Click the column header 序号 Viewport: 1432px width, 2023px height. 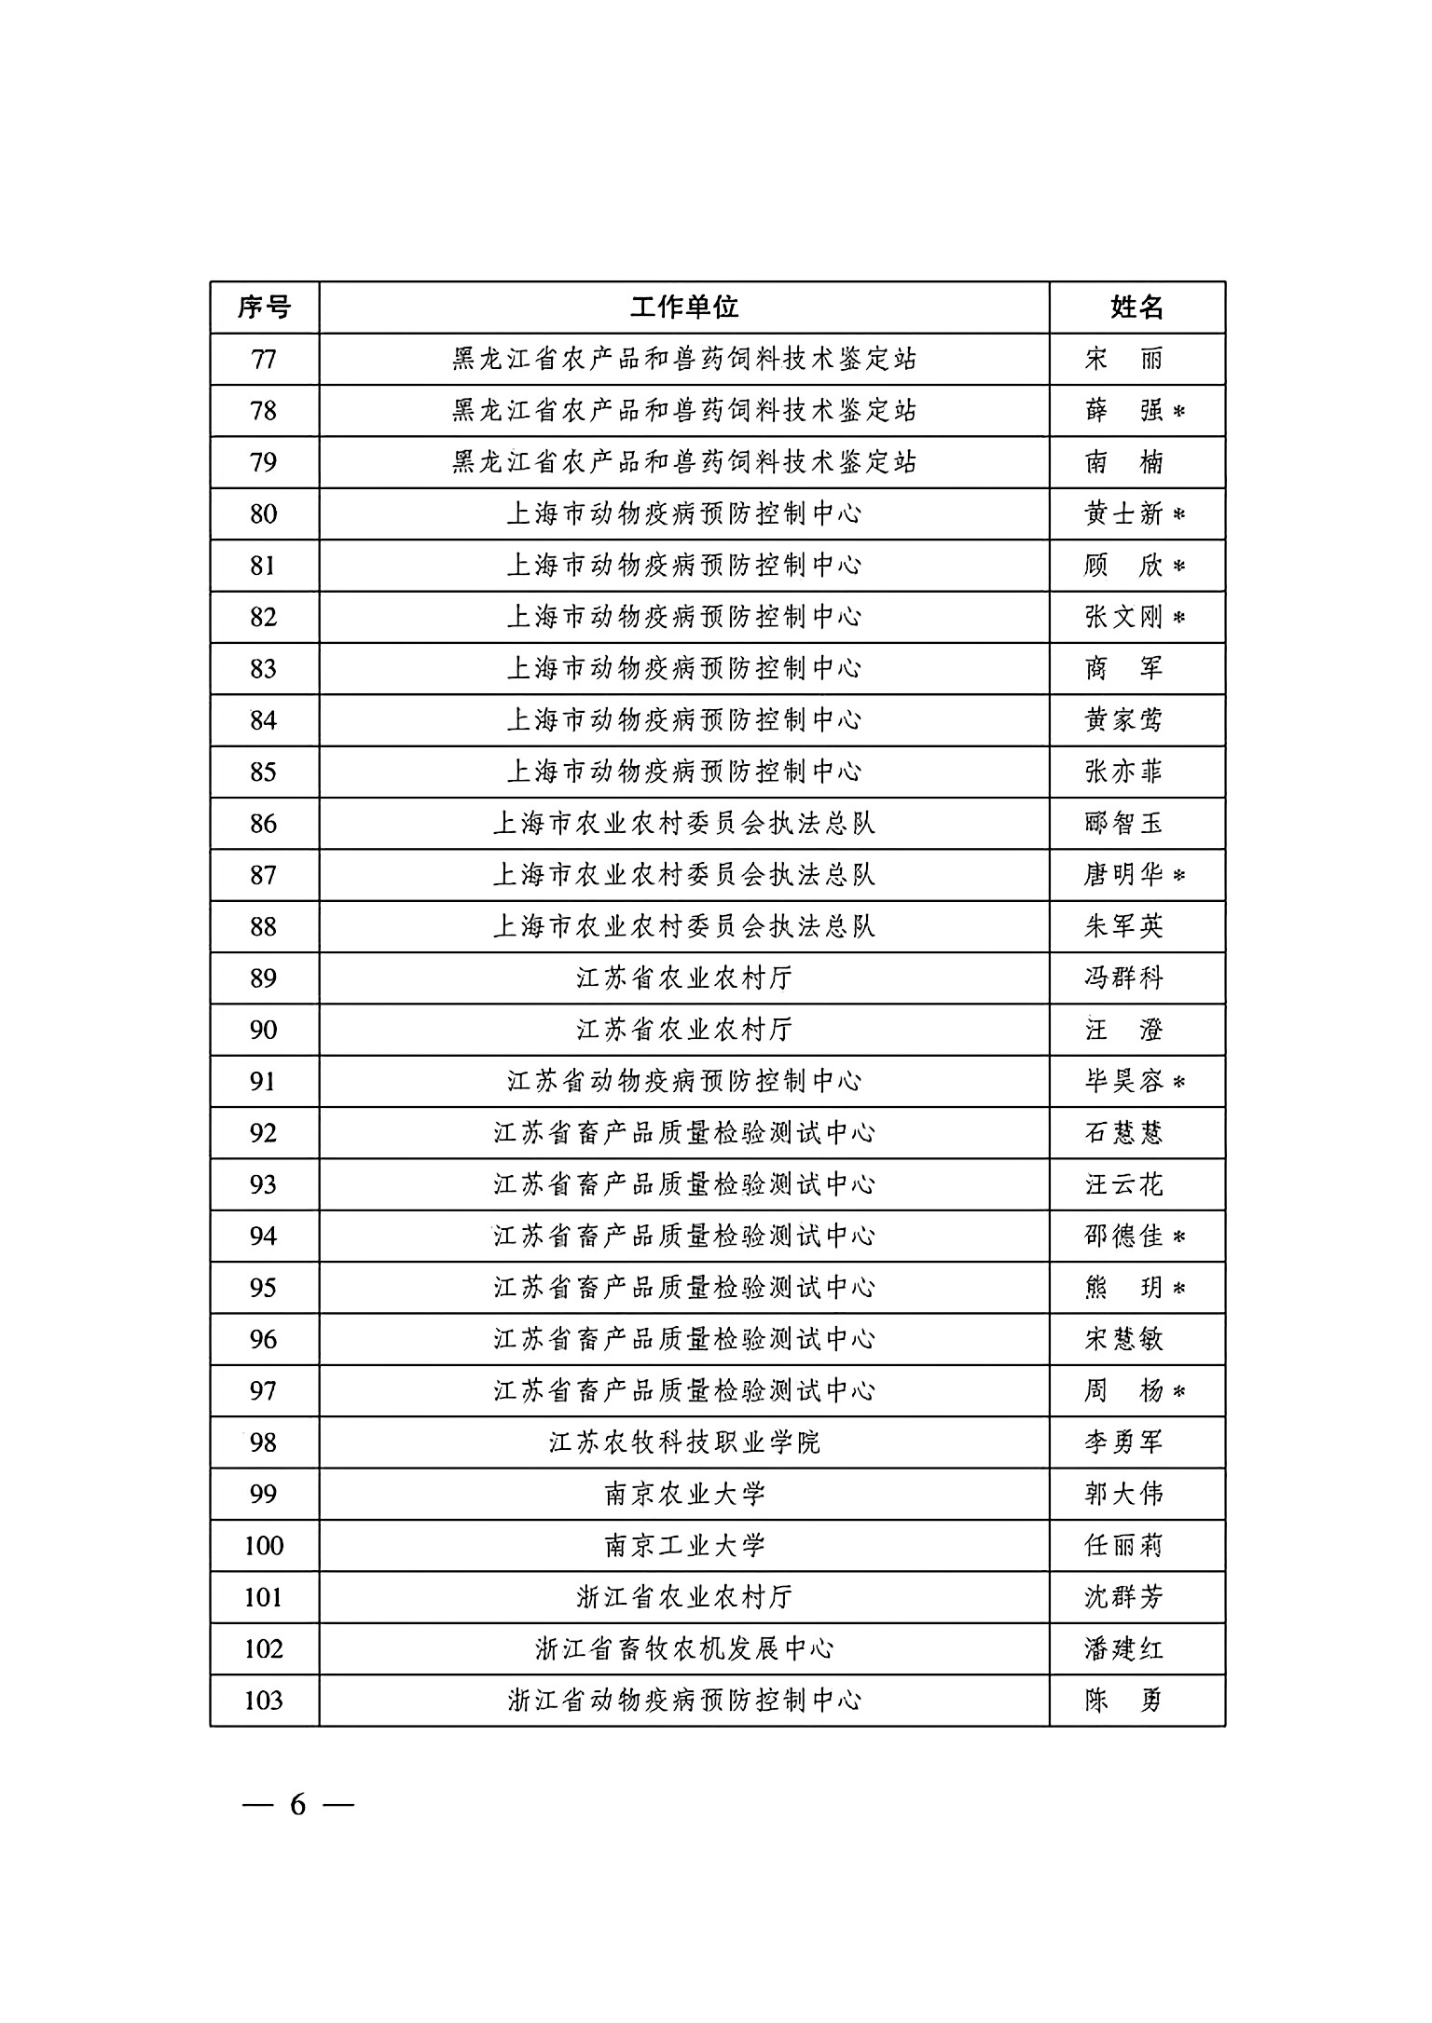(x=264, y=307)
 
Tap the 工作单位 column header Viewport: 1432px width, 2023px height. (x=683, y=307)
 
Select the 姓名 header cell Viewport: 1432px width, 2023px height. (x=1136, y=307)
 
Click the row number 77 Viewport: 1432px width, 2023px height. (x=264, y=359)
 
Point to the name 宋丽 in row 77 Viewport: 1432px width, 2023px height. (x=1124, y=359)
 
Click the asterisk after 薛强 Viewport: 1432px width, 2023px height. (x=1178, y=411)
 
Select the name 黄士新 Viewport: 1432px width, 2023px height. (x=1124, y=513)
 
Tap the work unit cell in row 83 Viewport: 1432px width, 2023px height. (x=683, y=668)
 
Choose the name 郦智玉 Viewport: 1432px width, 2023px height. (x=1124, y=823)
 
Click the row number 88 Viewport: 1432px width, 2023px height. (x=264, y=926)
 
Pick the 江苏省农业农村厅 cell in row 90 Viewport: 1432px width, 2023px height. (x=683, y=1030)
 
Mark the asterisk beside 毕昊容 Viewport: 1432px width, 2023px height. (x=1178, y=1082)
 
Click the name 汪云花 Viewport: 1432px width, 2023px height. (x=1124, y=1184)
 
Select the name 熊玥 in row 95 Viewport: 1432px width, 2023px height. (x=1124, y=1288)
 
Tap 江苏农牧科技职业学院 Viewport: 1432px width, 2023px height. (x=683, y=1442)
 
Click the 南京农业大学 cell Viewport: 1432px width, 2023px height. (x=683, y=1494)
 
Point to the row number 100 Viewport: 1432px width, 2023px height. (x=264, y=1546)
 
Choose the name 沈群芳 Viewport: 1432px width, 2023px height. (x=1124, y=1597)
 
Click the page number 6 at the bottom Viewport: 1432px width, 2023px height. (x=297, y=1805)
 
